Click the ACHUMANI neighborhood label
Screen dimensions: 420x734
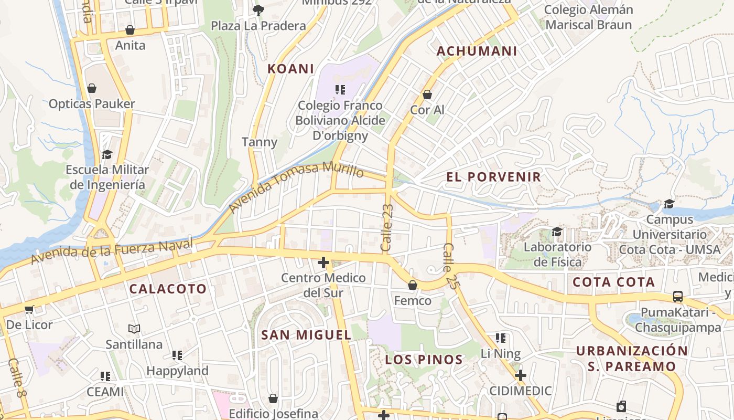(477, 51)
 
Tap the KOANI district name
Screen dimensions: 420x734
(290, 69)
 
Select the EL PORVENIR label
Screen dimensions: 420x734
(493, 177)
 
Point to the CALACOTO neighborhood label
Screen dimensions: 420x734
(168, 289)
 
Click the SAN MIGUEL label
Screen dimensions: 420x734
(306, 335)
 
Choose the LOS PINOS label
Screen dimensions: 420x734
(424, 360)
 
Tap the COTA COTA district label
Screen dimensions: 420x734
(613, 282)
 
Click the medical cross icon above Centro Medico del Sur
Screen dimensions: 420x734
(323, 262)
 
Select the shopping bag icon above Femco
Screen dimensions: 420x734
(413, 285)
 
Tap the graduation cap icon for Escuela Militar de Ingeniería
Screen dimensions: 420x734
(107, 154)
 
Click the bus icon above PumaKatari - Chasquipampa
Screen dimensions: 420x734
(678, 297)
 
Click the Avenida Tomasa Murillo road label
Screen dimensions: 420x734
(296, 187)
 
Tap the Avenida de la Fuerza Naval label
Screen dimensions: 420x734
(111, 251)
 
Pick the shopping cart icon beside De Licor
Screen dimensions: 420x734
(29, 309)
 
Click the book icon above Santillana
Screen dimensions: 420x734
(134, 329)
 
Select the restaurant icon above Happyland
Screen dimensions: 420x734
(177, 355)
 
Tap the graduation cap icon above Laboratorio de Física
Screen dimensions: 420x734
(557, 232)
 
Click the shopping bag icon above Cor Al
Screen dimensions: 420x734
(427, 94)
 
